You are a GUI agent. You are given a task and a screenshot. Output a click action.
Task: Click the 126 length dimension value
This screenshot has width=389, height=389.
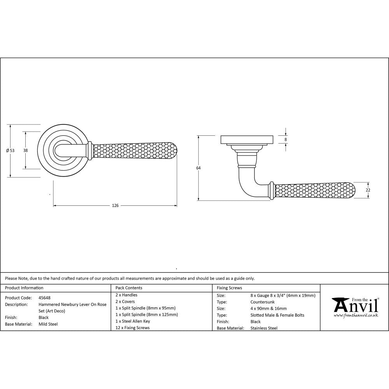[115, 206]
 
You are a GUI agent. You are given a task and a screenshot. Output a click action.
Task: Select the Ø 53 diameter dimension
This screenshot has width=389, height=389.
[11, 151]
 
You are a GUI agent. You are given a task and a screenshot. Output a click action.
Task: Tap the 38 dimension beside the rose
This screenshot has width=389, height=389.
[25, 150]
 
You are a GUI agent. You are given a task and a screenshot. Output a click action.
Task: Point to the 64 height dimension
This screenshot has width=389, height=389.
[198, 168]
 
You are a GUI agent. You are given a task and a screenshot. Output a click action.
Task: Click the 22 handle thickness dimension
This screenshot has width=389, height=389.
[368, 190]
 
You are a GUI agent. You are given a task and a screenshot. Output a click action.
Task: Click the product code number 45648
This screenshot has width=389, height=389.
[45, 298]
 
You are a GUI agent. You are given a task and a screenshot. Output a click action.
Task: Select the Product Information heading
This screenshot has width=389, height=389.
[24, 288]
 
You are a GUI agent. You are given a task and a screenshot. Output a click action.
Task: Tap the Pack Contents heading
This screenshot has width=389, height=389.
[129, 288]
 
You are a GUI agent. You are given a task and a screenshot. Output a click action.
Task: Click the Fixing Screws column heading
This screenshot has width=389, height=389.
[230, 288]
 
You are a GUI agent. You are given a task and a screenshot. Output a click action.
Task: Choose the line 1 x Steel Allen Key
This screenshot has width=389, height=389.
[133, 321]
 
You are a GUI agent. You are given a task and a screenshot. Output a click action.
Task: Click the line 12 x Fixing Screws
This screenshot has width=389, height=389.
[133, 328]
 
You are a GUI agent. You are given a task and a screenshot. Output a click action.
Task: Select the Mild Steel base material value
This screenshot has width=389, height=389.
[48, 324]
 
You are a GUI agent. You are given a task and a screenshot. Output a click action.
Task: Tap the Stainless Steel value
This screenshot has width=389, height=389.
[264, 328]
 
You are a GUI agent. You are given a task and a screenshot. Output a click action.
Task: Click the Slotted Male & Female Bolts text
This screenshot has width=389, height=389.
[278, 315]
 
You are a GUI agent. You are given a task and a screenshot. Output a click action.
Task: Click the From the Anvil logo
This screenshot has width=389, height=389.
[355, 305]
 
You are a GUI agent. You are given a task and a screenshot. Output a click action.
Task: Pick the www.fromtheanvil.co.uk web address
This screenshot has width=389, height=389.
[356, 315]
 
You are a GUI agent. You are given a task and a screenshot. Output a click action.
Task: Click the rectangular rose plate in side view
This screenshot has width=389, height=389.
[247, 140]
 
